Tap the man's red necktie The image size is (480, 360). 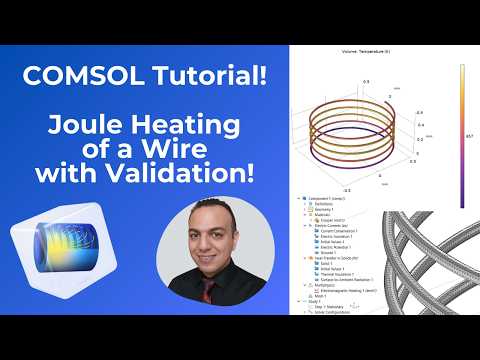click(x=208, y=291)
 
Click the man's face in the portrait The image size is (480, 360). click(x=208, y=237)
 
